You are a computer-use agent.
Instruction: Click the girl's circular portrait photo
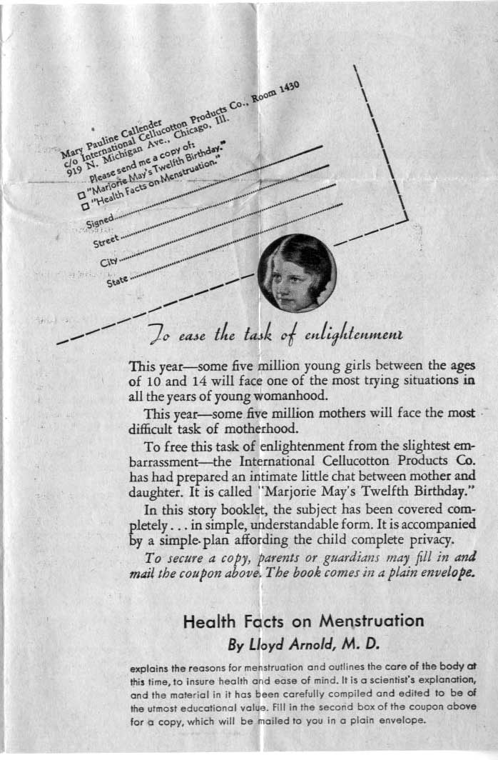tap(297, 273)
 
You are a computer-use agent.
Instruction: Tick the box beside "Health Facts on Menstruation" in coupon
tap(86, 206)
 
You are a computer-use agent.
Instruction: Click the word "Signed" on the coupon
tap(98, 220)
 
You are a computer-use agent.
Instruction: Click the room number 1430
tap(285, 88)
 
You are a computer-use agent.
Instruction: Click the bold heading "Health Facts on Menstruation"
tap(303, 621)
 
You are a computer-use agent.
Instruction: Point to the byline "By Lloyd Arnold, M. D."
tap(303, 644)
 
